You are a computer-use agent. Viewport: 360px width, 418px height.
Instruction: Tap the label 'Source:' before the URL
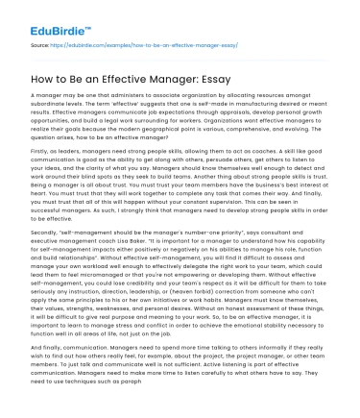click(41, 45)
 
